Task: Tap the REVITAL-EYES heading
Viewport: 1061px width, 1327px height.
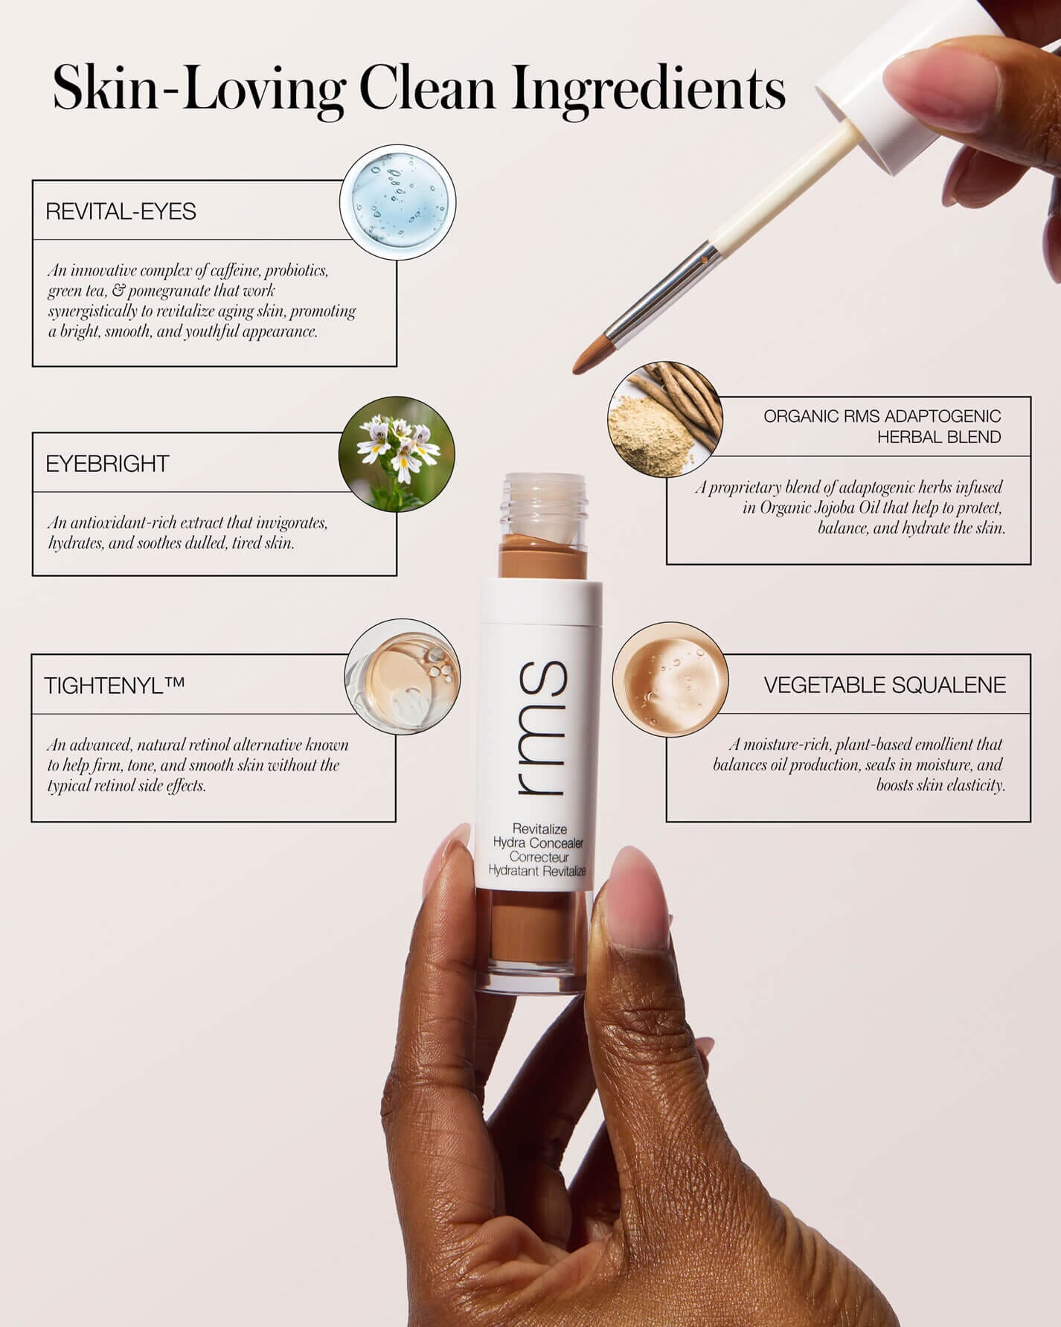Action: coord(121,211)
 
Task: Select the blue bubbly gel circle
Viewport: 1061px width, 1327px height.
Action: coord(398,202)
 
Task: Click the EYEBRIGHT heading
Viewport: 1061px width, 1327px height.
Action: coord(107,464)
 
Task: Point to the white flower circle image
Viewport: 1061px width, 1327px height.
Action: coord(397,454)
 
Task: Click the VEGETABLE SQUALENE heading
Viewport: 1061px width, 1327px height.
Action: coord(885,685)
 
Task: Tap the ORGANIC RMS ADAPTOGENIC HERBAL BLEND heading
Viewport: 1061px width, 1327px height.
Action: coord(882,426)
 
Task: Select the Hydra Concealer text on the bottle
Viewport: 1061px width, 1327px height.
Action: coord(538,843)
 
